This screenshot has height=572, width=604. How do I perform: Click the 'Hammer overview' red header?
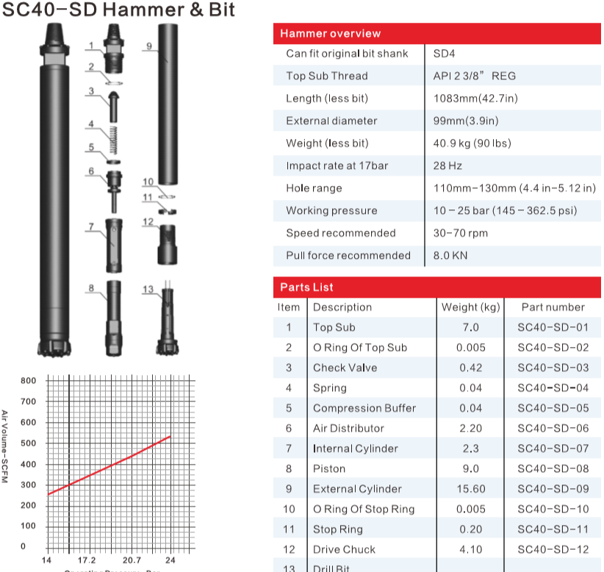tap(330, 33)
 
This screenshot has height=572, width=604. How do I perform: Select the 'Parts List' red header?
tap(306, 287)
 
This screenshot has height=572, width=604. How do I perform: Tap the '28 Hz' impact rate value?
tap(447, 165)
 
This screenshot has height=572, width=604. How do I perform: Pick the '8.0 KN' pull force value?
tap(450, 255)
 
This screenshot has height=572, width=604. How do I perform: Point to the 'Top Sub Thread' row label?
tap(326, 76)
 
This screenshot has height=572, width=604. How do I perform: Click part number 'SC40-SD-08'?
tap(553, 468)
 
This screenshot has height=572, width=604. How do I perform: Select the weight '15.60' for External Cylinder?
tap(470, 489)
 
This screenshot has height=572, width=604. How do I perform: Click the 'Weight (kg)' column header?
tap(470, 307)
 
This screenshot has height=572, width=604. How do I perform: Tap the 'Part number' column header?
tap(553, 307)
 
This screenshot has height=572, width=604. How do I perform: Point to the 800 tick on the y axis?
tap(28, 381)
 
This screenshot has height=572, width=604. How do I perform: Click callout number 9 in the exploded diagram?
tap(148, 46)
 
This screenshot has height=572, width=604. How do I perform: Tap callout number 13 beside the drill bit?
tap(148, 290)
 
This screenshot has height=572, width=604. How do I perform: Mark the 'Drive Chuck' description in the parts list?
tap(344, 549)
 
